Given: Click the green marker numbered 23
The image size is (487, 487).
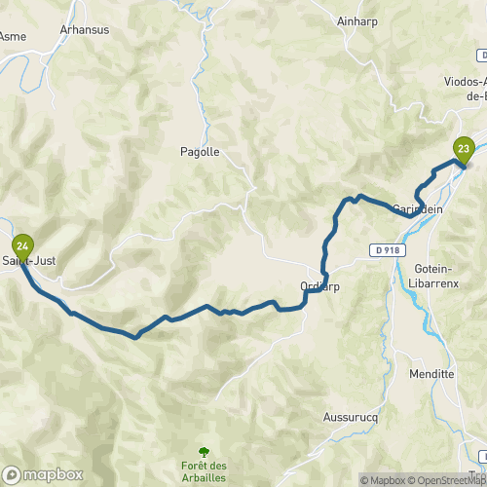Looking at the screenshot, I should pyautogui.click(x=464, y=149).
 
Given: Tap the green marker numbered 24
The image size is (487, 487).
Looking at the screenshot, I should pyautogui.click(x=21, y=245).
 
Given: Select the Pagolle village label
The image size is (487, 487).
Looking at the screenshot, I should pyautogui.click(x=201, y=152).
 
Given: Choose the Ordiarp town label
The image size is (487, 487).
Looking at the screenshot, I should pyautogui.click(x=319, y=285).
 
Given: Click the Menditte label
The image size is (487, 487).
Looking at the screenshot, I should pyautogui.click(x=433, y=373).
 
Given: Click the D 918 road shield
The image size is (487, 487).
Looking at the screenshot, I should pyautogui.click(x=387, y=250).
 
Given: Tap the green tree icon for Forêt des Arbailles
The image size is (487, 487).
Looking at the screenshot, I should pyautogui.click(x=205, y=451).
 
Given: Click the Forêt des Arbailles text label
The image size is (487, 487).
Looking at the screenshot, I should pyautogui.click(x=205, y=471).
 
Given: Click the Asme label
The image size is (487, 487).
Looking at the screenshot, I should pyautogui.click(x=14, y=36).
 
